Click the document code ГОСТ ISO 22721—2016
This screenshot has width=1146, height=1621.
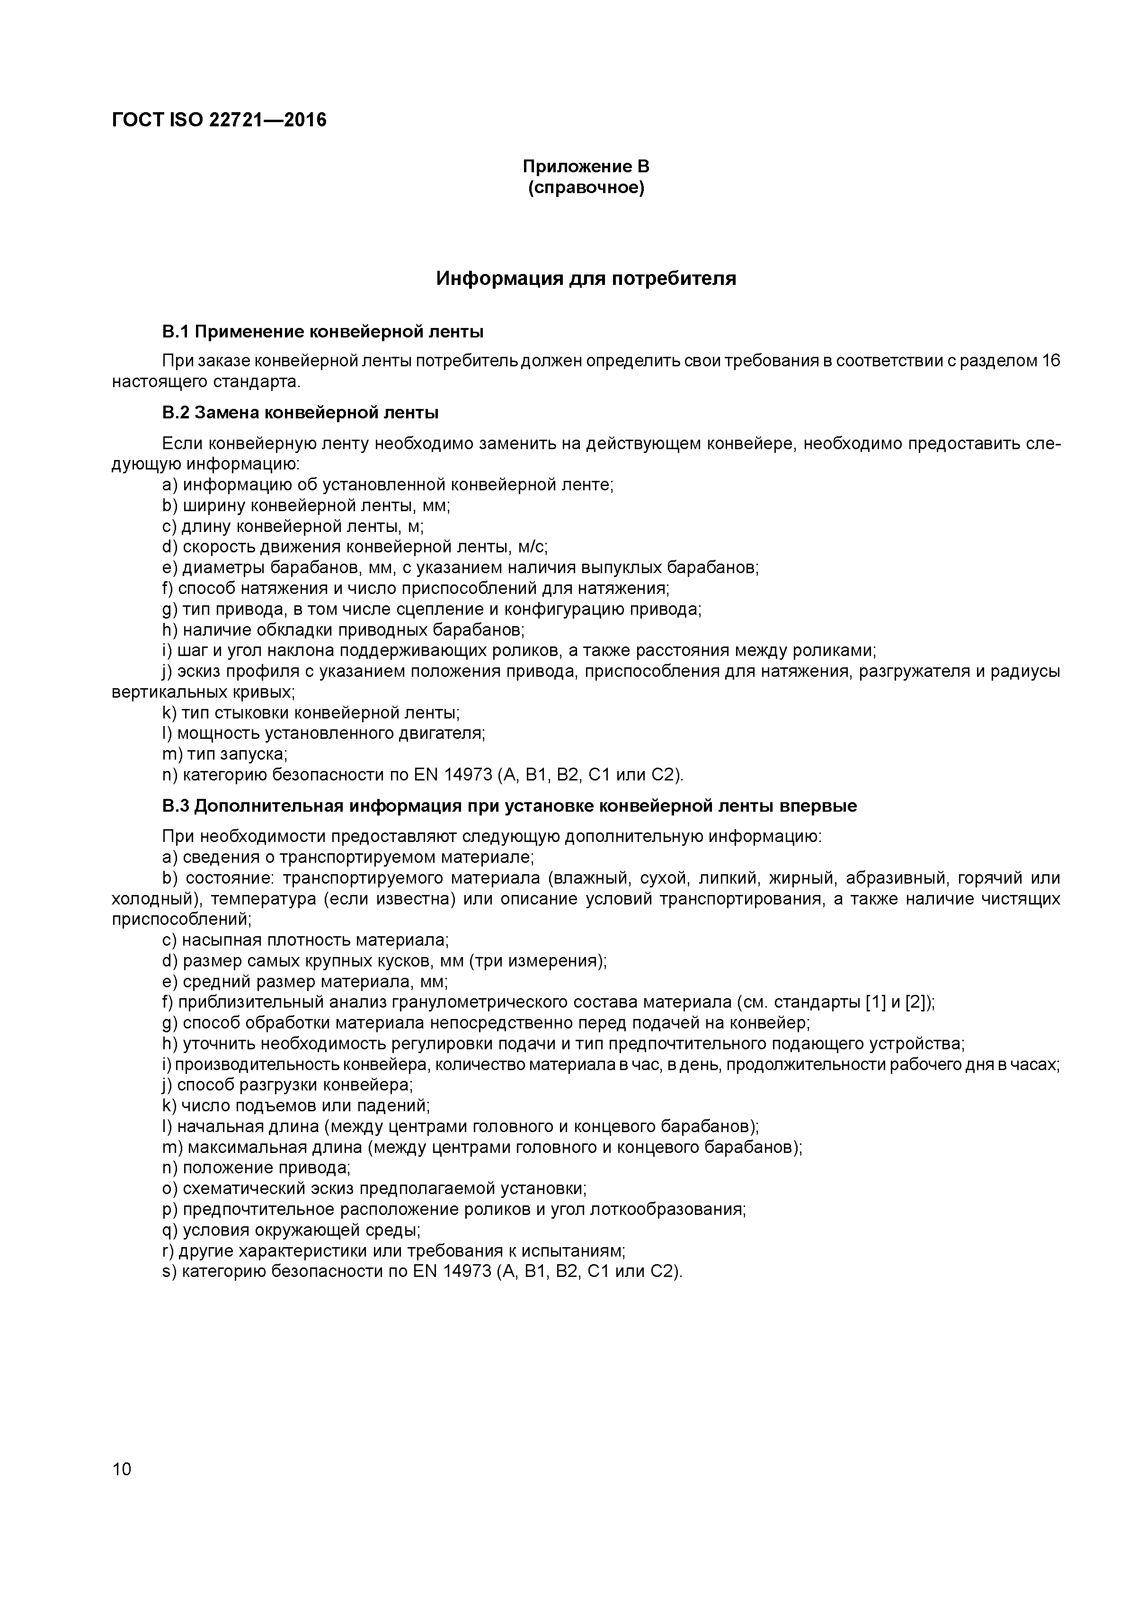(219, 120)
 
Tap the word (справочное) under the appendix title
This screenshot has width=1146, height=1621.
(586, 188)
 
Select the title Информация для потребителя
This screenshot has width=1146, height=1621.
(586, 278)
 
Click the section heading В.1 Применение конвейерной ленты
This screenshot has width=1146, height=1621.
(323, 331)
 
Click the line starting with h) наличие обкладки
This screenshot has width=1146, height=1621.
(343, 630)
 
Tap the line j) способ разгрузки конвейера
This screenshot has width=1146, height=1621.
(288, 1085)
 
